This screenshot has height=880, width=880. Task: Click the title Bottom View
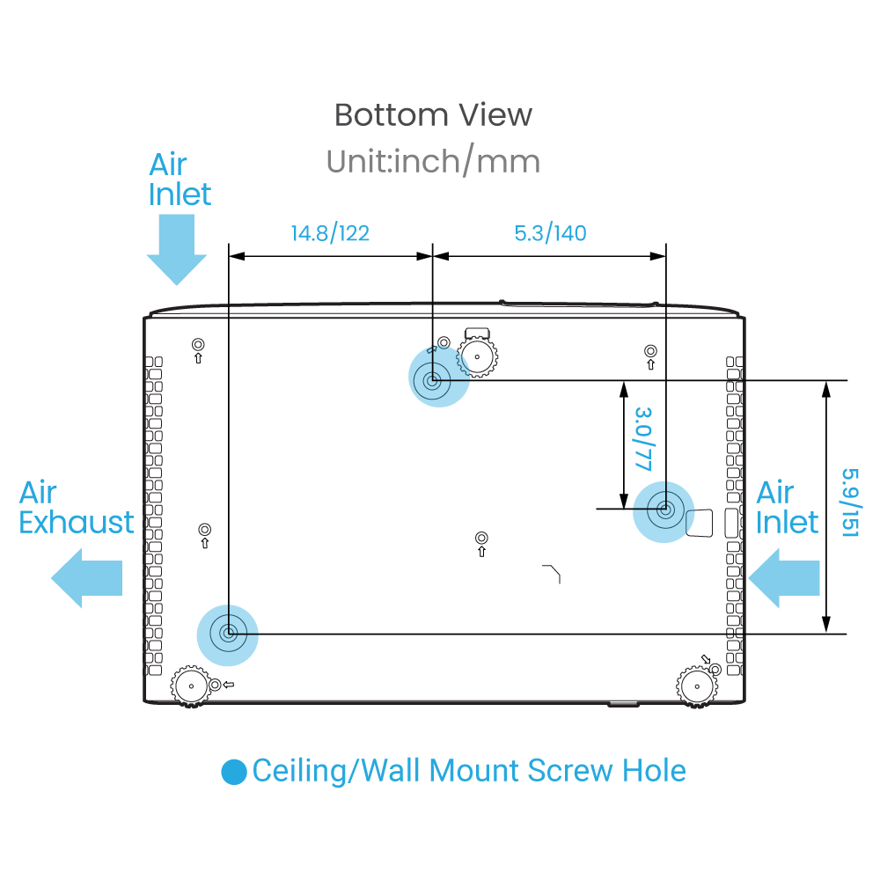point(433,115)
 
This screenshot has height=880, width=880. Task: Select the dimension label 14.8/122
point(330,233)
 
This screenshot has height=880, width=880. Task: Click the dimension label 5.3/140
point(550,233)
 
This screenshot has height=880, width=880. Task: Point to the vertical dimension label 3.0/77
point(643,439)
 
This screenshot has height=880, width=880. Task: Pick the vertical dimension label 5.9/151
point(851,502)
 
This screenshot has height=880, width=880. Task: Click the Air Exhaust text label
point(77,508)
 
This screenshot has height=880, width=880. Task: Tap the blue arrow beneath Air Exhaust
point(86,578)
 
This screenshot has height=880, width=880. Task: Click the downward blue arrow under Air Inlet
point(177,250)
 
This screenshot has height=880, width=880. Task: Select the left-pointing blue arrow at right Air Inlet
point(784,578)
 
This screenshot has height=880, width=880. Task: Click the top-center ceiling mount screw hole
point(439,377)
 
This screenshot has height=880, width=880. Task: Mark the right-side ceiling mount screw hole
point(664,512)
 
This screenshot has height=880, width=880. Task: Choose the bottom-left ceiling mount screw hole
point(227,635)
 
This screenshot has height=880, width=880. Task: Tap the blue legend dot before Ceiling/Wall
point(234,772)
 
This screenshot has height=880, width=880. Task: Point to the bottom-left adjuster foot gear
point(191,686)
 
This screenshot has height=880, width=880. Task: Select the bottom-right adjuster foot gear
point(697,686)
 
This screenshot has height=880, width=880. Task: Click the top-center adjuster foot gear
point(477,356)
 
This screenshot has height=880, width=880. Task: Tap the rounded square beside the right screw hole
point(700,523)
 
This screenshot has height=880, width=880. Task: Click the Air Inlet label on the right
point(787,508)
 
